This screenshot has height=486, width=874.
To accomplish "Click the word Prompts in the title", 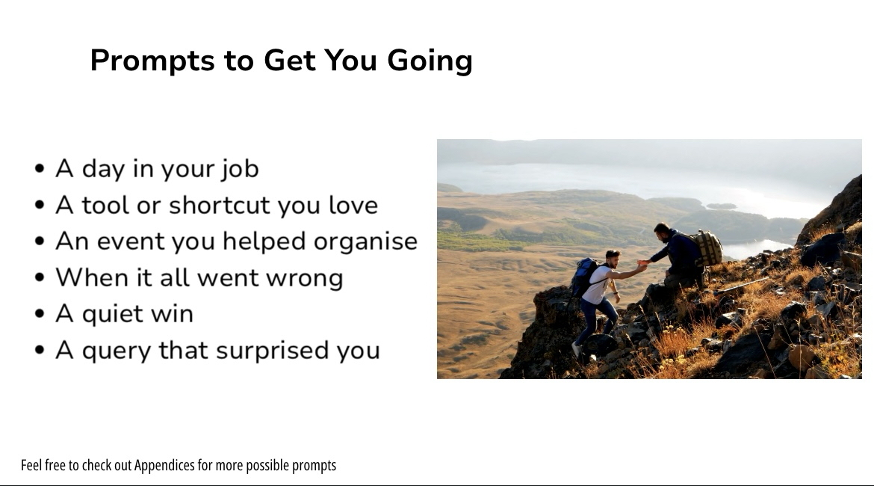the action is pos(152,61).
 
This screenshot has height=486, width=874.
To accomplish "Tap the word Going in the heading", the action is pos(430,61).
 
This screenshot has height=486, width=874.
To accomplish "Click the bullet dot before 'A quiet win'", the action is pos(39,313).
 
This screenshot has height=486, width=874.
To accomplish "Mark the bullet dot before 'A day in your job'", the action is pos(39,168).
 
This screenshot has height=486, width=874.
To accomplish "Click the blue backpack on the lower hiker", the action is pos(583,276).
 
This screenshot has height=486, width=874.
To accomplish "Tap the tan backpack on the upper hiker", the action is pos(708,247).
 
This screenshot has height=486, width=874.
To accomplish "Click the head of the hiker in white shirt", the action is pos(613,258).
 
